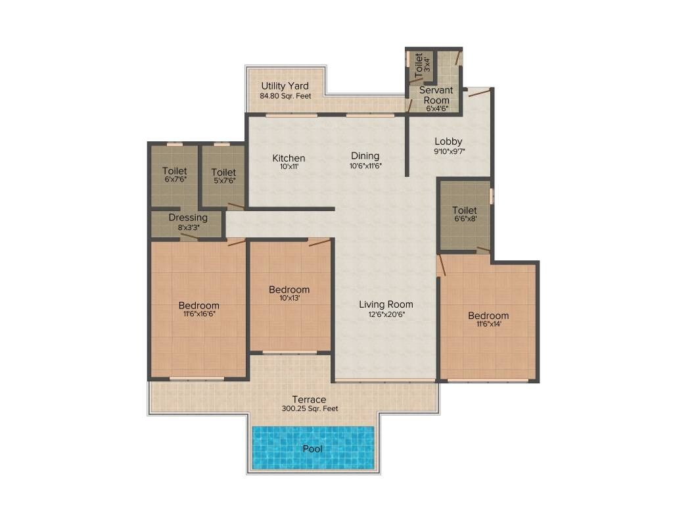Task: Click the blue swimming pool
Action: click(x=313, y=448)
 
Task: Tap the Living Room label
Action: click(x=386, y=304)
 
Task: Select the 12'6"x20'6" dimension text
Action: click(x=386, y=314)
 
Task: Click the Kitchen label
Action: click(x=289, y=158)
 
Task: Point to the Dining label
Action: click(x=365, y=156)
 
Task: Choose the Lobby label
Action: click(x=448, y=141)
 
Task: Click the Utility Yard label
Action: click(x=285, y=86)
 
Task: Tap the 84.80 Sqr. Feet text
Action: click(x=285, y=96)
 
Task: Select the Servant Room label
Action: click(x=436, y=95)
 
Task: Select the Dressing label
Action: click(x=188, y=218)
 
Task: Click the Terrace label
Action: click(x=309, y=399)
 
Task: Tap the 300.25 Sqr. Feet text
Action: click(x=309, y=408)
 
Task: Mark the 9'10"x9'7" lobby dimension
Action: click(x=449, y=151)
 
